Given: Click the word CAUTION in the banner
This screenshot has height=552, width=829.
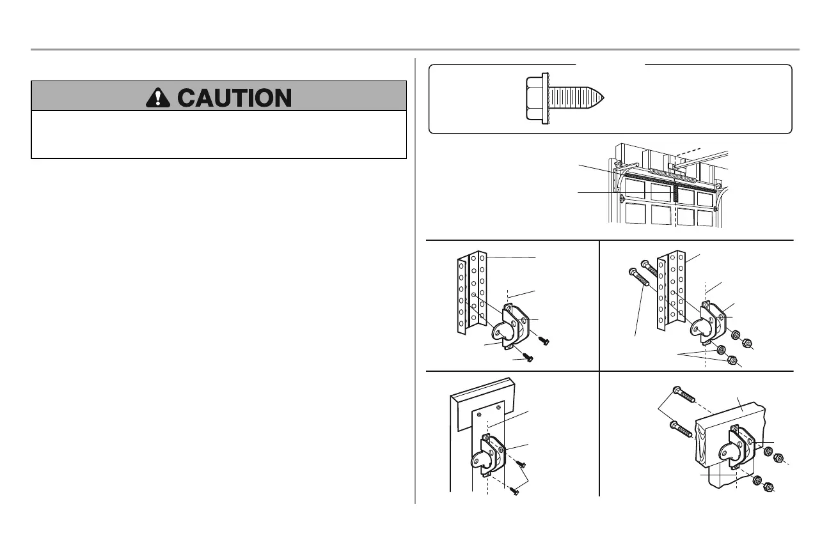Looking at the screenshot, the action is coord(234,97).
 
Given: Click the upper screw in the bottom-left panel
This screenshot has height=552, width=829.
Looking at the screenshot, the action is coord(521,464).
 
